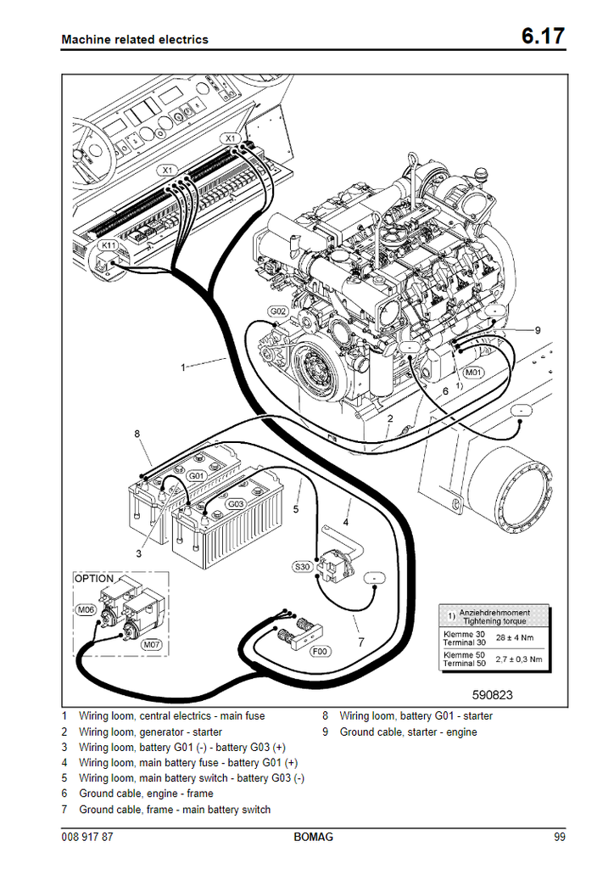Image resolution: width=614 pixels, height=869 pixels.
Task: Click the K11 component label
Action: coord(108,245)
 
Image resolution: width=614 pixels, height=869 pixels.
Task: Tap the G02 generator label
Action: coord(278,312)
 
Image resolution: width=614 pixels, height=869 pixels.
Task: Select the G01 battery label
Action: coord(197,476)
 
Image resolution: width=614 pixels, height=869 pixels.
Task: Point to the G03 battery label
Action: coord(235,504)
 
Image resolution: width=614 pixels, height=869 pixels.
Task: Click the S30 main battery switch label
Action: coord(302,566)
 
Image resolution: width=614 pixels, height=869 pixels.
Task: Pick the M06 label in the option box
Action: coord(86,609)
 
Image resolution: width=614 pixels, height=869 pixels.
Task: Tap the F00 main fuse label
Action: coord(320,651)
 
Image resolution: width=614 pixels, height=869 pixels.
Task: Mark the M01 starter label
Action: coord(473,372)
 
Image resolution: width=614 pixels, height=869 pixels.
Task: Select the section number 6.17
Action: coord(543,37)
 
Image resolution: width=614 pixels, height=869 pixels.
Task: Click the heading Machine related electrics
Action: coord(135,39)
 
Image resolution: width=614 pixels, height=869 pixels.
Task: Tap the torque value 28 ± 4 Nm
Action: coord(516,637)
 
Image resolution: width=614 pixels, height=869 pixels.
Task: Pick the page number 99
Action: coord(559,838)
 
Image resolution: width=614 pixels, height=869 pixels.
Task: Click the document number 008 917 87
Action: coord(88,838)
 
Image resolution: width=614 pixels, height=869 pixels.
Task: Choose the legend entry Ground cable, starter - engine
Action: coord(408,732)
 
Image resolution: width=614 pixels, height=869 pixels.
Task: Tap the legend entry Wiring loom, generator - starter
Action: coord(150,732)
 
